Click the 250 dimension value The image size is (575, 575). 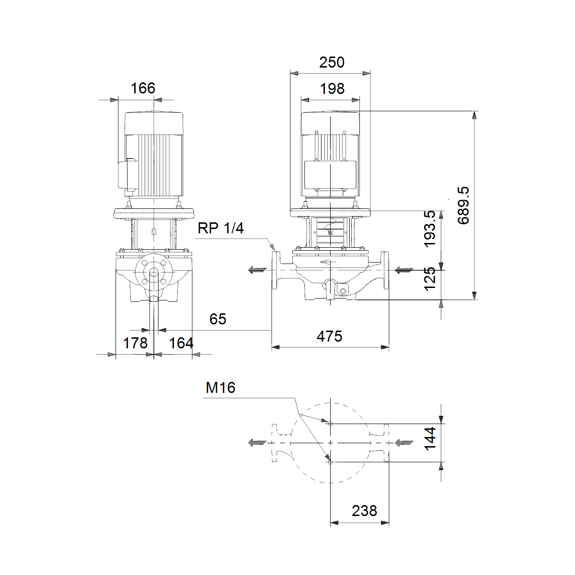332,62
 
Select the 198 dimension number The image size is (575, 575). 332,89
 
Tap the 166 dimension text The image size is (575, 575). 143,88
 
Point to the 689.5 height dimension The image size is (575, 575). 463,205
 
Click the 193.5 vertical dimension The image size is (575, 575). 430,229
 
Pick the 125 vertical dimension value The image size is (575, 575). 430,279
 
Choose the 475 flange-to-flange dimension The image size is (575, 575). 329,336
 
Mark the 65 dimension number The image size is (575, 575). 218,319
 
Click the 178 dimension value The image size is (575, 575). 135,343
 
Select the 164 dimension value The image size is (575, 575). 181,343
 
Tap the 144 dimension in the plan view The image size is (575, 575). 430,438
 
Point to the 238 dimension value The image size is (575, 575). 364,511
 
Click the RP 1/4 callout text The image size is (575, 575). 220,228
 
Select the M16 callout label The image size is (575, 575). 220,388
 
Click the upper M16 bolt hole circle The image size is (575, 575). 330,424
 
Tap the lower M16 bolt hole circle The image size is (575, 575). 330,462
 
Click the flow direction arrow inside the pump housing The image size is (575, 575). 328,262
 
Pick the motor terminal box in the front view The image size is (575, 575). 330,175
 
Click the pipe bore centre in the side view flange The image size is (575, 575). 154,273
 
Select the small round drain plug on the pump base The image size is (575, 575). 343,291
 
